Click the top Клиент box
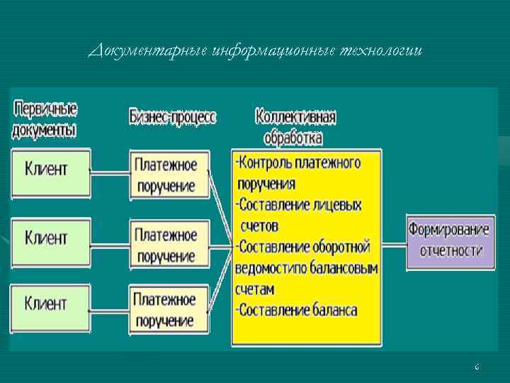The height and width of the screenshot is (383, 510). coord(50,173)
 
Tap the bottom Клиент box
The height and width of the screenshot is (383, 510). coord(50,308)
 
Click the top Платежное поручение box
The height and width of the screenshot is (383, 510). coord(169,174)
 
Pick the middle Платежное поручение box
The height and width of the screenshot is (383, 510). coord(169,243)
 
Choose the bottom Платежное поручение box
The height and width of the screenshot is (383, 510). coord(169,309)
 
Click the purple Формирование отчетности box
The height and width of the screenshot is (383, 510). coord(450,241)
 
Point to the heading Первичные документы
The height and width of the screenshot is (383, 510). coord(45,120)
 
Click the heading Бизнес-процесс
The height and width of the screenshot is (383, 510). coord(172,117)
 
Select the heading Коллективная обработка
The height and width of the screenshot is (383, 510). coord(295,126)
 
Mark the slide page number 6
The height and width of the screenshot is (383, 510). coord(477,367)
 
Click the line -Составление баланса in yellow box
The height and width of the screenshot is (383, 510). coord(297,310)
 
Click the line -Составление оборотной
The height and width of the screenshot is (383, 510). coord(303,247)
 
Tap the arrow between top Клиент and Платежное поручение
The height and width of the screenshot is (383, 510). coord(110,171)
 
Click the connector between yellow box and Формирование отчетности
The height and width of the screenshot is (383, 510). coord(393,241)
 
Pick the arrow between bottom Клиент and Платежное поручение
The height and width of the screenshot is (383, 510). coord(110,310)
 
